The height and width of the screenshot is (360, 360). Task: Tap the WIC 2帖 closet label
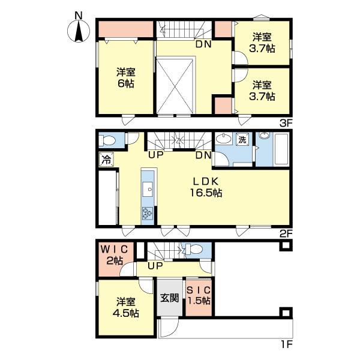click(x=115, y=254)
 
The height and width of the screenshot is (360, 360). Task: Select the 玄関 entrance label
click(x=169, y=297)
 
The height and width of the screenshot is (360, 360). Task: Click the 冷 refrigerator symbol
click(x=105, y=160)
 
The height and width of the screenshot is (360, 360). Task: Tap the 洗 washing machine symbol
click(x=242, y=139)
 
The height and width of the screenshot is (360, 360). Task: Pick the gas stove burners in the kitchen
click(x=148, y=212)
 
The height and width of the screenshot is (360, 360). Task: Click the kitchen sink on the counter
click(x=148, y=189)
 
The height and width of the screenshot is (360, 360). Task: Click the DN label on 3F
click(x=202, y=43)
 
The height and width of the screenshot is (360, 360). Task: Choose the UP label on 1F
click(x=156, y=265)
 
